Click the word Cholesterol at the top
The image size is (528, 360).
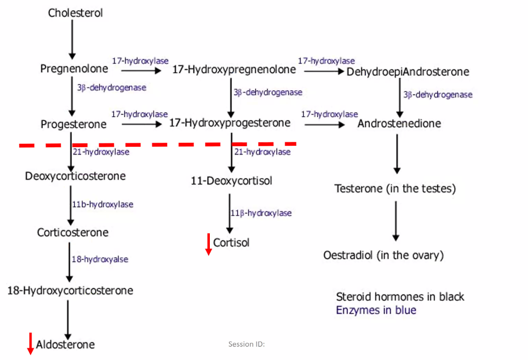click(75, 13)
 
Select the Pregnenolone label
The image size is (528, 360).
click(74, 69)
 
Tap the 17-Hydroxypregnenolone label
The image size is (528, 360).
click(234, 69)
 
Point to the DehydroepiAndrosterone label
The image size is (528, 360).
click(408, 72)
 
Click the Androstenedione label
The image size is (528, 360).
click(399, 123)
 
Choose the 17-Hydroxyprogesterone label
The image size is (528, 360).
click(229, 123)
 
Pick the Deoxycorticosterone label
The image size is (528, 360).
click(75, 176)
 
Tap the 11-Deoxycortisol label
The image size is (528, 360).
click(231, 181)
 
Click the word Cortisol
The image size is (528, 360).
click(231, 242)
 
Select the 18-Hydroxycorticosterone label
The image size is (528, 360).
click(70, 291)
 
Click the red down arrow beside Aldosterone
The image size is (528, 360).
click(30, 343)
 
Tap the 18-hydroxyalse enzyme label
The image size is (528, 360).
click(100, 259)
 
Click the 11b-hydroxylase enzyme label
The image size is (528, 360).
click(102, 205)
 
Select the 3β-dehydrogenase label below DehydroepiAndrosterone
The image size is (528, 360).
click(438, 95)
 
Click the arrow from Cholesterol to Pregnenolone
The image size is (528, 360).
click(72, 39)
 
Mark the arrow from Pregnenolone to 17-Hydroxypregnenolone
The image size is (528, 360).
click(141, 70)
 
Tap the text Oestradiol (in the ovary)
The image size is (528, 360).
click(383, 255)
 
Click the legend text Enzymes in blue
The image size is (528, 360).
click(376, 310)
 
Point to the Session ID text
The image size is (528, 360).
click(246, 344)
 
